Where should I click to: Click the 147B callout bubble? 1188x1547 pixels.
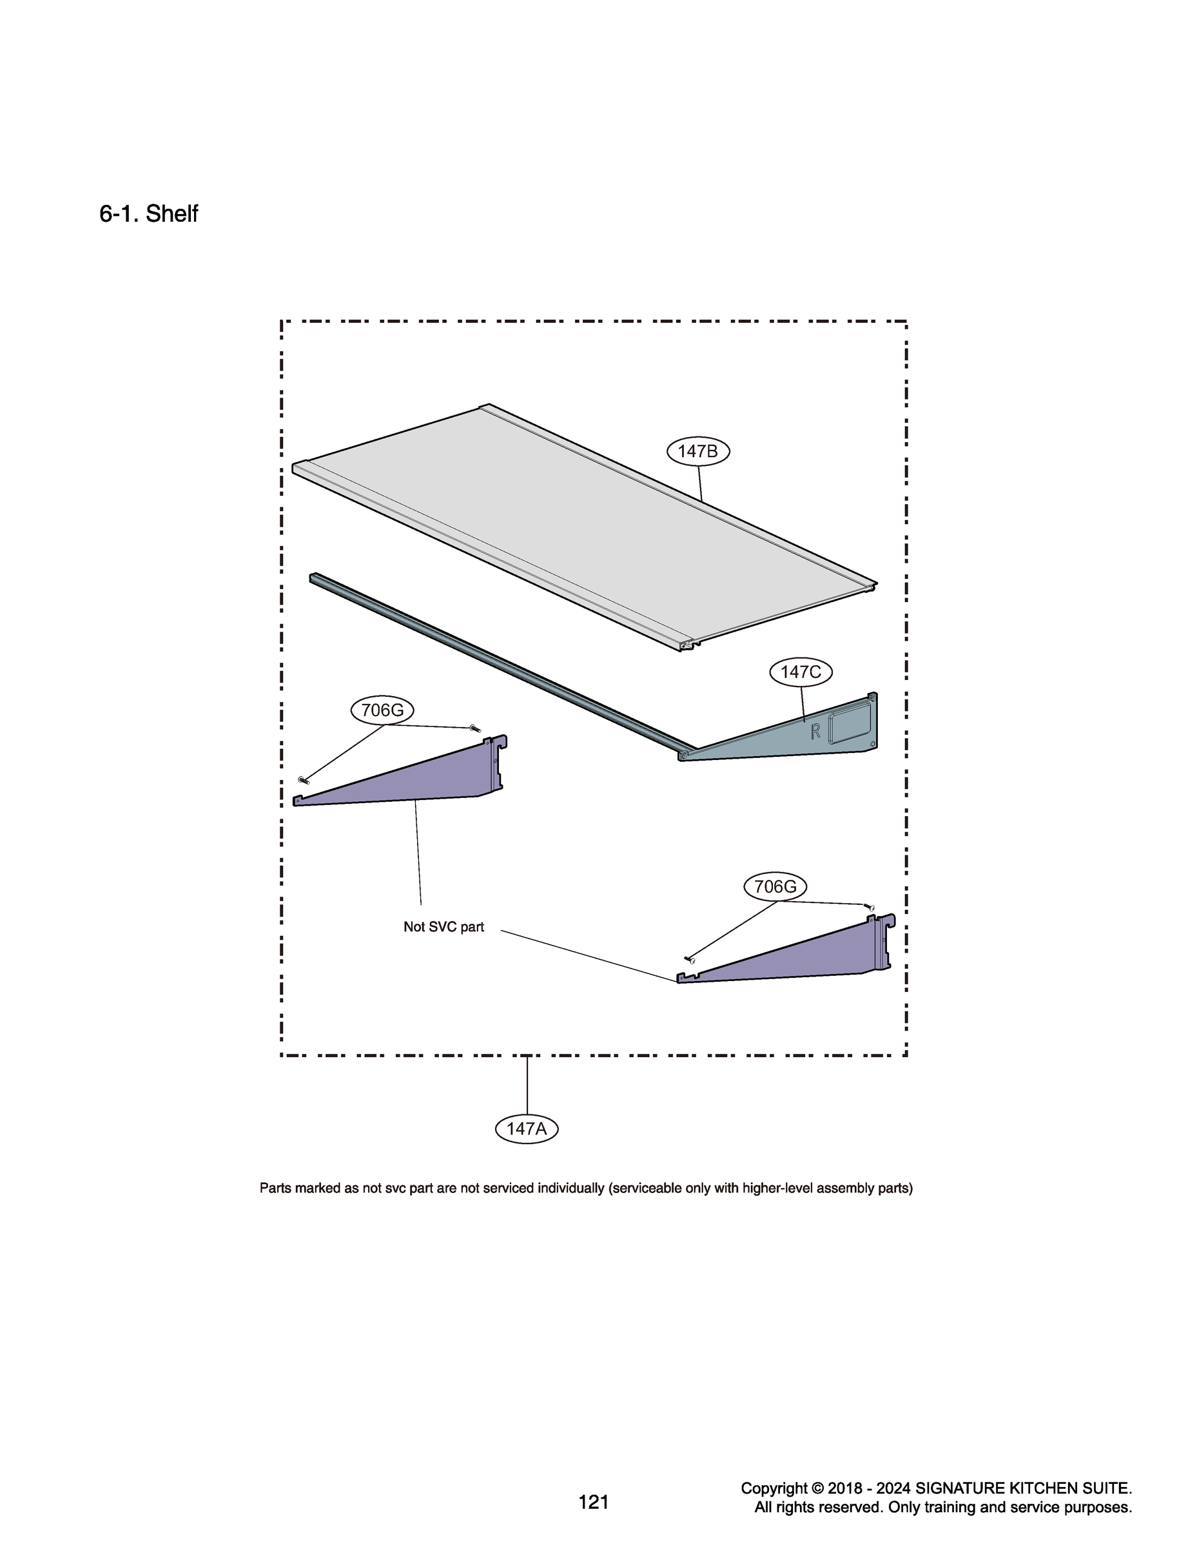click(698, 451)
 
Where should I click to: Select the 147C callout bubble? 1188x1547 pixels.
click(801, 672)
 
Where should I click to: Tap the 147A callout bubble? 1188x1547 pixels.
click(526, 1129)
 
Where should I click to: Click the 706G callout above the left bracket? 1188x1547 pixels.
click(382, 710)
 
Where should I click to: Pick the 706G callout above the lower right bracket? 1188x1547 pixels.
click(775, 887)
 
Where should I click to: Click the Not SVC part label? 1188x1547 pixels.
click(443, 927)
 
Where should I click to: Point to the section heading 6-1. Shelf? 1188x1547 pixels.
click(148, 213)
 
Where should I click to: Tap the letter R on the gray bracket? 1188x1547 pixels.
click(815, 731)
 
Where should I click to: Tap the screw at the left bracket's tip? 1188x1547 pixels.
click(305, 780)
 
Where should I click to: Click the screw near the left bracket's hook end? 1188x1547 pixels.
click(474, 728)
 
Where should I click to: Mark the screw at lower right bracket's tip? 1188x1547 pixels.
click(690, 959)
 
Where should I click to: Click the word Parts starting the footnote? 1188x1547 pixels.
click(275, 1189)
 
